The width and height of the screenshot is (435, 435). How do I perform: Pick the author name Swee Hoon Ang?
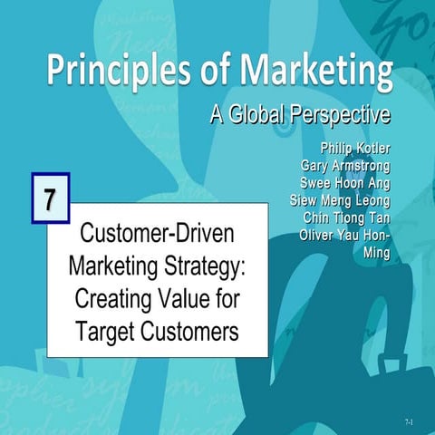343,183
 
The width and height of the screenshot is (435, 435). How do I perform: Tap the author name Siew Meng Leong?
340,201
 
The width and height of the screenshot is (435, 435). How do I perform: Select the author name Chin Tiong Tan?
344,219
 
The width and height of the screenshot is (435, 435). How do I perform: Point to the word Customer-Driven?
158,234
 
